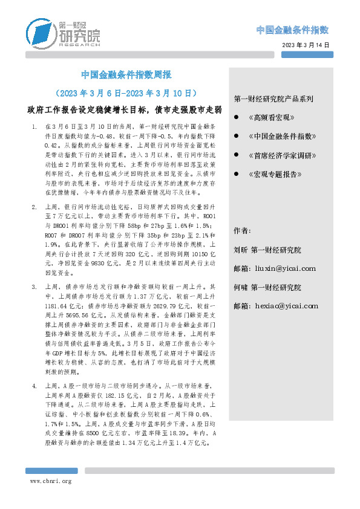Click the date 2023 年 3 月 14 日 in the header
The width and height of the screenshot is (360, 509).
point(306,46)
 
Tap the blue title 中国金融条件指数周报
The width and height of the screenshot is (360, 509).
point(126,76)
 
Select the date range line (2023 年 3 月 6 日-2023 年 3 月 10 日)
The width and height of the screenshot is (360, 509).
point(126,94)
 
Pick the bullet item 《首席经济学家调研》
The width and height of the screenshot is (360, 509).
point(283,155)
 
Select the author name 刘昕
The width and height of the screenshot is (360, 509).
point(241,250)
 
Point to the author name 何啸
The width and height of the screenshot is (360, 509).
point(241,288)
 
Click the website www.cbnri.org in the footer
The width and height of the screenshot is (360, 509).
point(51,481)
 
